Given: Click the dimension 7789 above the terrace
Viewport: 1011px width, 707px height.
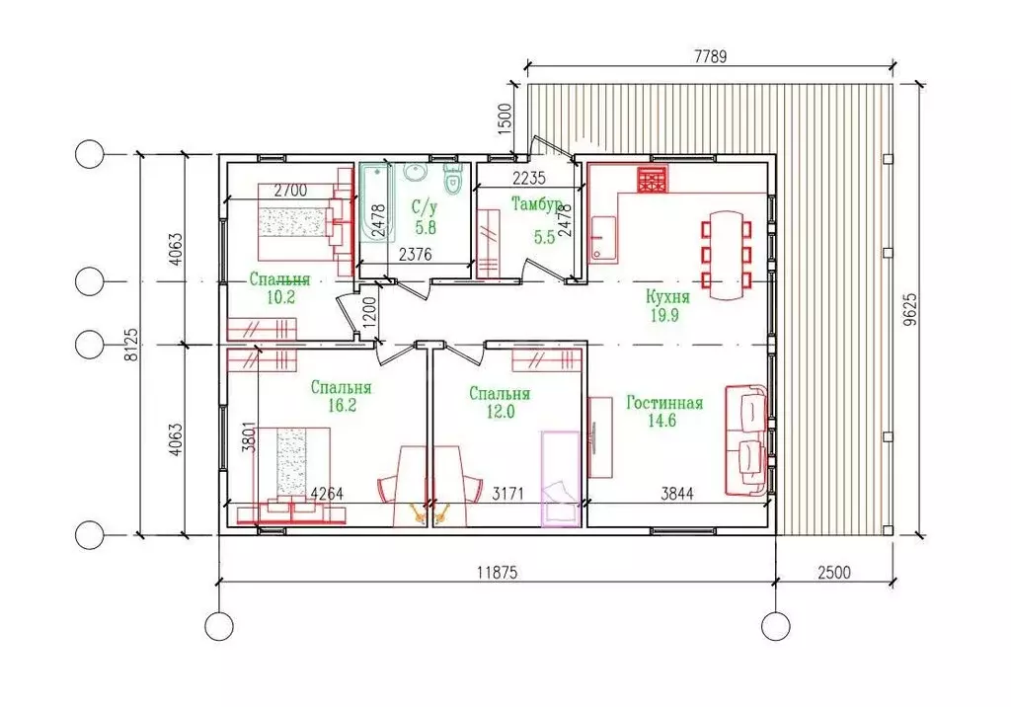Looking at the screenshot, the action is [710, 56].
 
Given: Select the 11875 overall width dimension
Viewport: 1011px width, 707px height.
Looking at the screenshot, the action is [497, 572].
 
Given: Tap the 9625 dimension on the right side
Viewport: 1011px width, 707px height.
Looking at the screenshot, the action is [909, 312].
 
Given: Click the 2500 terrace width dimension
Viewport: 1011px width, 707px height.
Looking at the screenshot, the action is [834, 572].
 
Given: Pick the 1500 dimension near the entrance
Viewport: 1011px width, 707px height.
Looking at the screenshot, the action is [505, 118].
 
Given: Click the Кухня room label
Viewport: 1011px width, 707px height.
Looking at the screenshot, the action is [667, 297].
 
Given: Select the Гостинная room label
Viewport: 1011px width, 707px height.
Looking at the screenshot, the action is [664, 403].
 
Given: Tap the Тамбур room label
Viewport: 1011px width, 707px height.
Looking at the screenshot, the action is [536, 203].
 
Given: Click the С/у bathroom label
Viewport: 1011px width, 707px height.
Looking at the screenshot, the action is [425, 207].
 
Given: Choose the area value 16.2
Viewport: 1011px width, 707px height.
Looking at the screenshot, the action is [342, 405].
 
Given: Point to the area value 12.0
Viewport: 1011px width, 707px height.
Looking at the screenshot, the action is [500, 412].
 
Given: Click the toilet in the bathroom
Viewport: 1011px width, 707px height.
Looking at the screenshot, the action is [454, 178].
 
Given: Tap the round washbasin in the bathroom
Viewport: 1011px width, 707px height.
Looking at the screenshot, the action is [416, 172].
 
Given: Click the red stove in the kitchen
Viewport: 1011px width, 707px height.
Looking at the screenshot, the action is [653, 179].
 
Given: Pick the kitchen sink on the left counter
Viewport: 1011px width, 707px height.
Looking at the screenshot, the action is [602, 237].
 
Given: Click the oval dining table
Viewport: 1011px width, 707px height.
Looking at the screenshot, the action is [727, 255].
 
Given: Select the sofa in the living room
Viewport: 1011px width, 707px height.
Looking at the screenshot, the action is [746, 440].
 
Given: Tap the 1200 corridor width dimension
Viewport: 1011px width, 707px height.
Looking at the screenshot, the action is [368, 312].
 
